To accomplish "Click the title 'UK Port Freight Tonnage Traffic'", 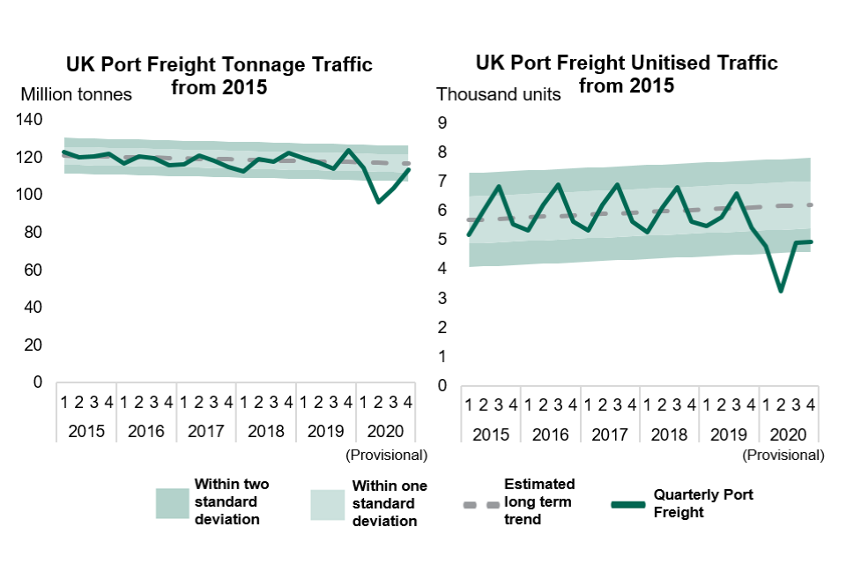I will click(219, 65).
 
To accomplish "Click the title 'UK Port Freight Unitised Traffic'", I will click(627, 63).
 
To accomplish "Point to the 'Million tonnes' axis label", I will click(76, 94).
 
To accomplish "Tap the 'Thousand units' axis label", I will click(499, 94).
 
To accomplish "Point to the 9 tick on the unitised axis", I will click(442, 123).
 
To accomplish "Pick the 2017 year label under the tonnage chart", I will click(205, 432).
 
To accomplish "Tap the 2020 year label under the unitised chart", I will click(789, 435).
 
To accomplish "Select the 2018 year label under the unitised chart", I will click(669, 435).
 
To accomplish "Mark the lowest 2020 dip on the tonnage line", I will click(379, 202).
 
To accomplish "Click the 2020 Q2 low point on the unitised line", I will click(781, 290).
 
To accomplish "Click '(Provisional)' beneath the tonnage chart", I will click(386, 455).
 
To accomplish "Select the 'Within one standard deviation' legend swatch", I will click(329, 504).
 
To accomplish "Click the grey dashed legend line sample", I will click(480, 505).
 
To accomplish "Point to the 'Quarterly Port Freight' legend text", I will click(703, 503).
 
